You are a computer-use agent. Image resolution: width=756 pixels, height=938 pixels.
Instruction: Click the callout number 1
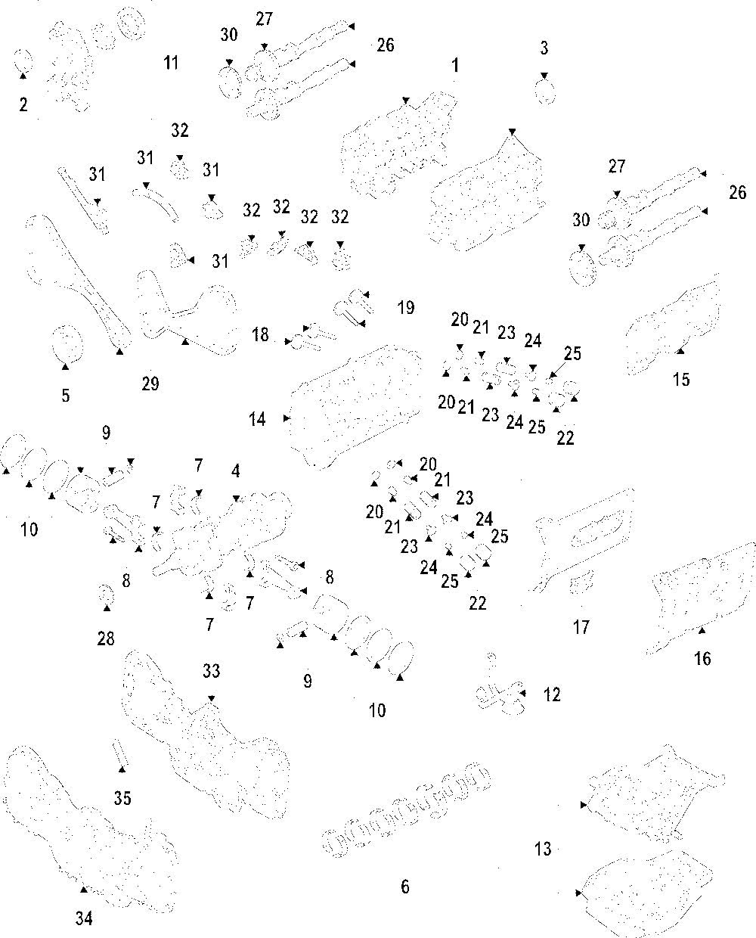pos(455,66)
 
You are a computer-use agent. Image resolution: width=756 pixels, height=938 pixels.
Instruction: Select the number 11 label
pos(172,63)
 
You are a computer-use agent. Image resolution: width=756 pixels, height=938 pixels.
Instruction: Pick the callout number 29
pos(150,384)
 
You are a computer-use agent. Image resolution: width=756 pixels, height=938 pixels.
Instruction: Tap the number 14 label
pos(258,418)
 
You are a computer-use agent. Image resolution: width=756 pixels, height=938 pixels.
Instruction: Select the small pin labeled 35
pos(120,753)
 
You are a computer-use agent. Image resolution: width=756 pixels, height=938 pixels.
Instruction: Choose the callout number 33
pos(211,671)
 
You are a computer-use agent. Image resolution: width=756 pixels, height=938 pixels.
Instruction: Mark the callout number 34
pos(84,918)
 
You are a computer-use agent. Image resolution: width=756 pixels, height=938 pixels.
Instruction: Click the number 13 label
pos(543,849)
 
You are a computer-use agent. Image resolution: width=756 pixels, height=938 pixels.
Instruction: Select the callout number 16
pos(702,659)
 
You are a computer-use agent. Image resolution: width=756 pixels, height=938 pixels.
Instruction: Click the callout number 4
pos(236,471)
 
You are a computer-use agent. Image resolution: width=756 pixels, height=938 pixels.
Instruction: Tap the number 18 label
pos(261,334)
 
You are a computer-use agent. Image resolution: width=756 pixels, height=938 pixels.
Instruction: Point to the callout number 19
pos(406,308)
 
